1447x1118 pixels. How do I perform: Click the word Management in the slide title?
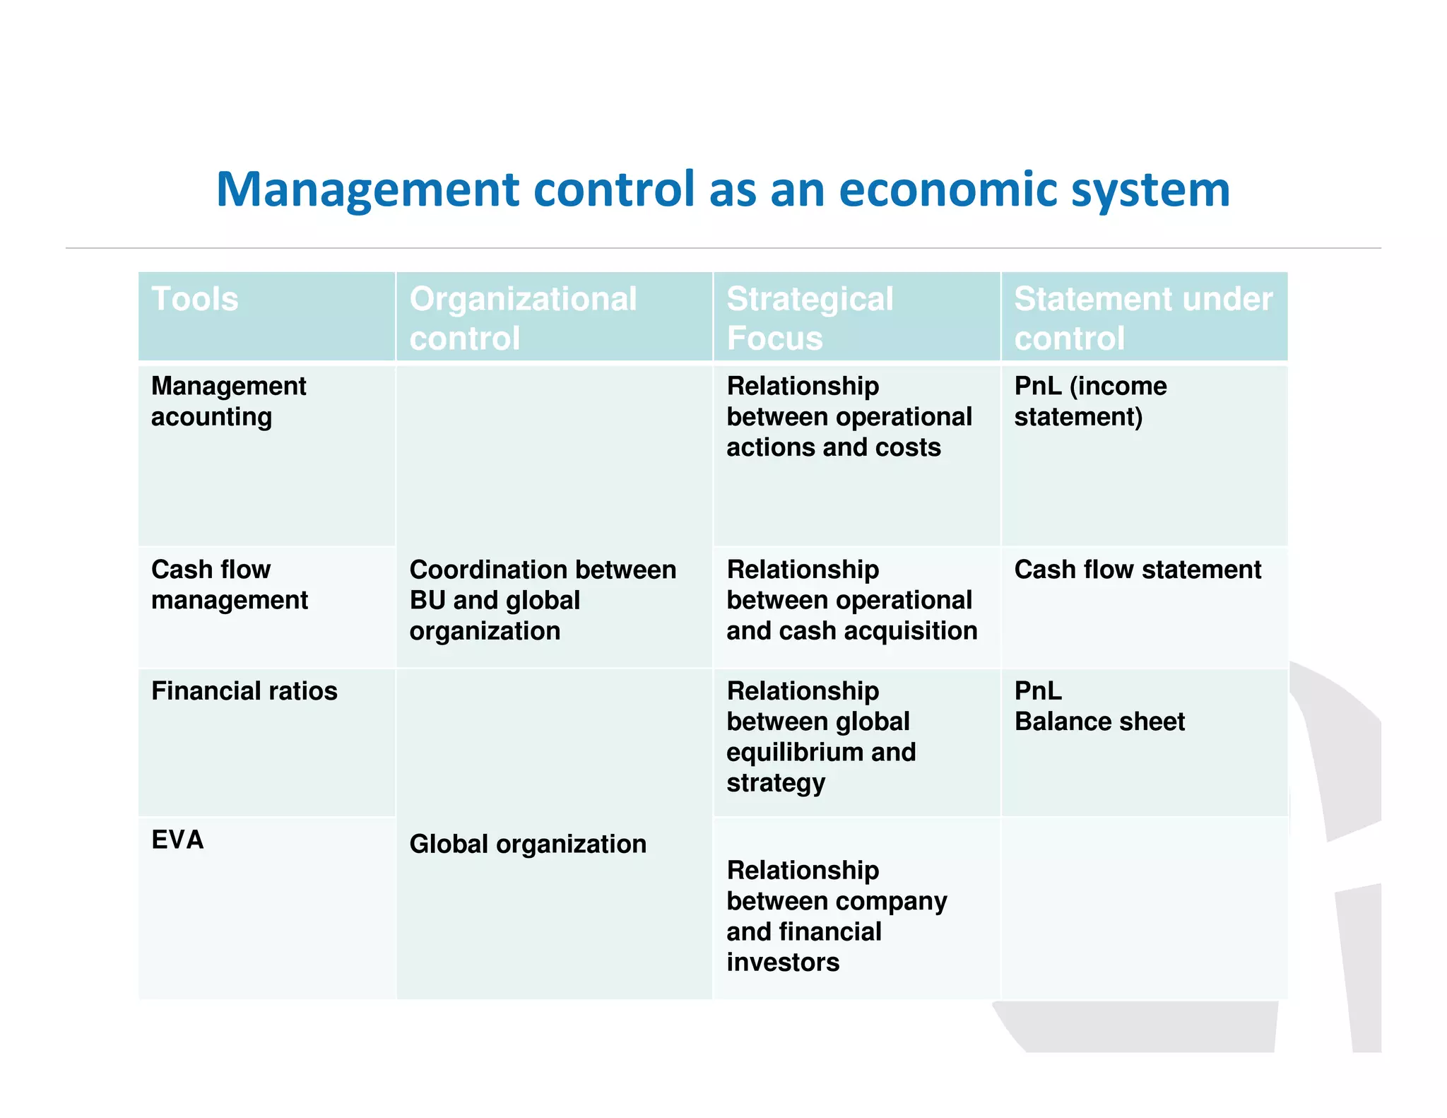368,189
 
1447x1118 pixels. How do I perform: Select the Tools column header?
195,299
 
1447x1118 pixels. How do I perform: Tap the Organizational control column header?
523,318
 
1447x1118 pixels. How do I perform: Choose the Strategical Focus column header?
810,318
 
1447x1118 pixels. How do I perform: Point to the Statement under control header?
1143,318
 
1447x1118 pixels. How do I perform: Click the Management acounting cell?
228,401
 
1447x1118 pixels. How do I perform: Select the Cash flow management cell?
229,584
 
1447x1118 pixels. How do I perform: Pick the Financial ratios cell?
244,691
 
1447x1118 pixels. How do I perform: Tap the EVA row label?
177,840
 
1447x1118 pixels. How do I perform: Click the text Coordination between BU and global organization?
543,600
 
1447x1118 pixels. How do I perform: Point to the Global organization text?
528,844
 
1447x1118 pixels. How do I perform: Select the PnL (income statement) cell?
1090,401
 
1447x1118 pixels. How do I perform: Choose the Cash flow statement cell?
1138,570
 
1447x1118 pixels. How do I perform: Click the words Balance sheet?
1099,722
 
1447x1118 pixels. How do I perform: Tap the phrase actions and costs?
834,447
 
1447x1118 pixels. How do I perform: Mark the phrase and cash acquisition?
851,630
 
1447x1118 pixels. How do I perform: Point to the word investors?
783,963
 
